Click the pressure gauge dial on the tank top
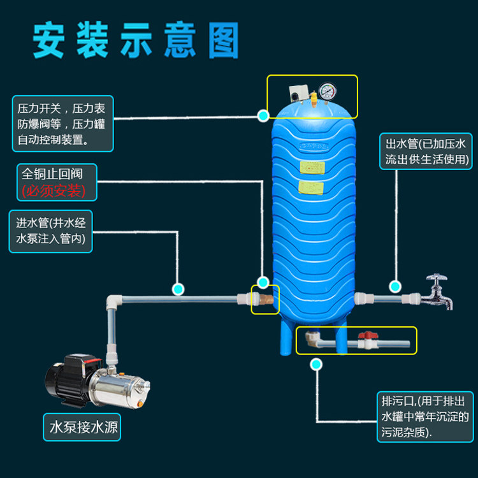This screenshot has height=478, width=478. pyautogui.click(x=328, y=91)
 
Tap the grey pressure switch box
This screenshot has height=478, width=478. pyautogui.click(x=298, y=93)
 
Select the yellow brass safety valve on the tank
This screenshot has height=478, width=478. pyautogui.click(x=314, y=99)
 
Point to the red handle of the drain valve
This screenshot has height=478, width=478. pyautogui.click(x=368, y=335)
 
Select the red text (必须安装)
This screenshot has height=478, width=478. pyautogui.click(x=54, y=191)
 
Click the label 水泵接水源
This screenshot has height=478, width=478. pyautogui.click(x=83, y=427)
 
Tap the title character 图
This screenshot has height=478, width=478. pyautogui.click(x=224, y=40)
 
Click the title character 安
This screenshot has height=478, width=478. pyautogui.click(x=48, y=40)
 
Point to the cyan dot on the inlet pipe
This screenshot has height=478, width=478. pyautogui.click(x=178, y=289)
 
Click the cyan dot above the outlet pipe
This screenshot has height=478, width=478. pyautogui.click(x=395, y=287)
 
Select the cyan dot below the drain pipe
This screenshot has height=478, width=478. pyautogui.click(x=316, y=365)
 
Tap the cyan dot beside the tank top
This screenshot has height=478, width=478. pyautogui.click(x=263, y=115)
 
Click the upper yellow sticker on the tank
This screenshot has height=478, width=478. pyautogui.click(x=312, y=168)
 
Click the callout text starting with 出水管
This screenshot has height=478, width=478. pyautogui.click(x=426, y=152)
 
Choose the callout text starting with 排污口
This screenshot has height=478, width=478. pyautogui.click(x=424, y=416)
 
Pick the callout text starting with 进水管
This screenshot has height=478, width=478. pyautogui.click(x=50, y=231)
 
